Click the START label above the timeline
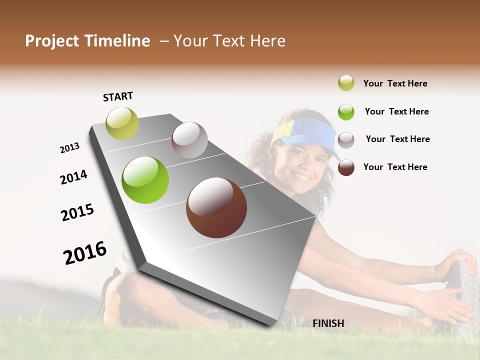point(118,96)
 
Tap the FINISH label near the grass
point(328,323)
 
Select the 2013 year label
point(69,148)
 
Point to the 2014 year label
point(73,177)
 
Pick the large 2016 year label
point(85,253)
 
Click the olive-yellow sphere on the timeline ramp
point(122,123)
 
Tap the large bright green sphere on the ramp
point(145,180)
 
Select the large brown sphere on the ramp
point(216,207)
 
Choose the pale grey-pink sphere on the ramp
point(189,140)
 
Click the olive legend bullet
point(346,83)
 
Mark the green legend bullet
point(346,112)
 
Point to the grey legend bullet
point(346,140)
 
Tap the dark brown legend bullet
point(346,167)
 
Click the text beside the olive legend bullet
point(395,84)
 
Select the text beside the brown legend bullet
point(395,167)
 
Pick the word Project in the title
point(52,41)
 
